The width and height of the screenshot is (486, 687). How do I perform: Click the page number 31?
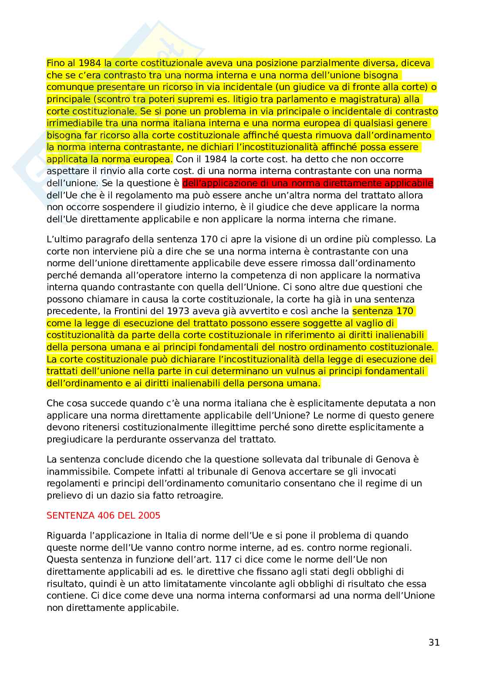[x=434, y=643]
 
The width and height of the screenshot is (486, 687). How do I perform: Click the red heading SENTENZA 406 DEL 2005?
[x=103, y=516]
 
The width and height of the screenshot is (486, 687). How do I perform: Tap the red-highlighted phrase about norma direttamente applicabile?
[x=307, y=183]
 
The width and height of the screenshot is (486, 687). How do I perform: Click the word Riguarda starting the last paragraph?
[x=66, y=536]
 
